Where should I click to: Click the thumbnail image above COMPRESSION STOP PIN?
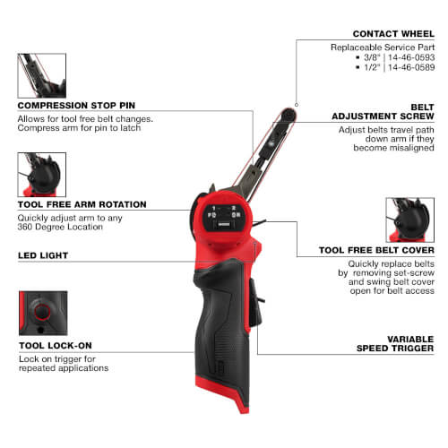point(41,75)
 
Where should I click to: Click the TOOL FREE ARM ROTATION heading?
point(82,204)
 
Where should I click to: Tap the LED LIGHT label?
point(43,255)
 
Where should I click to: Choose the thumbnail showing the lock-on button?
point(41,313)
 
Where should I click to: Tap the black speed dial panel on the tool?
point(219,218)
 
